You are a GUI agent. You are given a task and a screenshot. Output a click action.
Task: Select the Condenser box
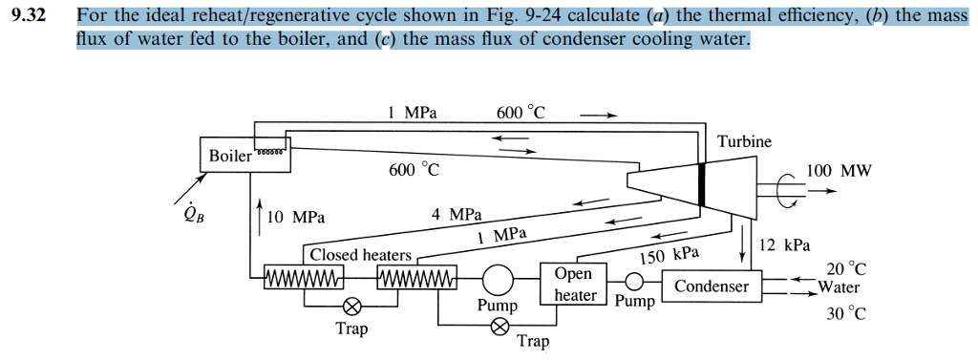pyautogui.click(x=712, y=286)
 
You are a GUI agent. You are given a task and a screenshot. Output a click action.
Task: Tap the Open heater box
pyautogui.click(x=573, y=285)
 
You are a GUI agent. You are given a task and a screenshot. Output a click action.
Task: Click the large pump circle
pyautogui.click(x=498, y=280)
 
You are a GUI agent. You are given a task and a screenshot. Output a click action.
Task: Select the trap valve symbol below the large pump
pyautogui.click(x=498, y=328)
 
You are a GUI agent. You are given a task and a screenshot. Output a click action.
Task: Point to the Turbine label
pyautogui.click(x=744, y=141)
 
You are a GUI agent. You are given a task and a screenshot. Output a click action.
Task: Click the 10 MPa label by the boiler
pyautogui.click(x=296, y=218)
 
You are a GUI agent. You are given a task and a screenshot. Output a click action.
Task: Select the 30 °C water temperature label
pyautogui.click(x=845, y=311)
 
